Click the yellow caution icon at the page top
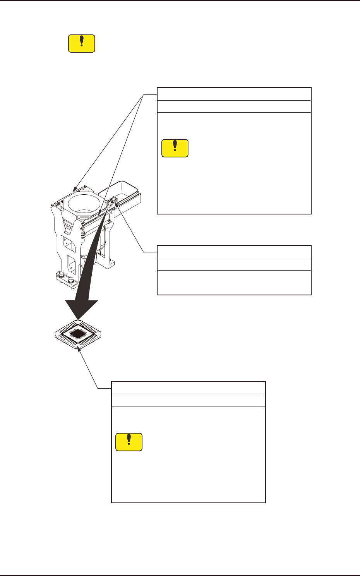[81, 43]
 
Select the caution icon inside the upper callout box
[175, 148]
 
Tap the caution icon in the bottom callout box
[129, 442]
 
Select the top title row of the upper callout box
[234, 94]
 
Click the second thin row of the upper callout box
[234, 106]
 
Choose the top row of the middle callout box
[234, 252]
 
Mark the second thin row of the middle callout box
[234, 264]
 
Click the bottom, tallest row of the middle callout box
[234, 283]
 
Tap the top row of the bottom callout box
[188, 387]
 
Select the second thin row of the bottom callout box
[188, 400]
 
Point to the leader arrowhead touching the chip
[79, 348]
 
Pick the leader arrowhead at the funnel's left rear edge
[74, 189]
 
